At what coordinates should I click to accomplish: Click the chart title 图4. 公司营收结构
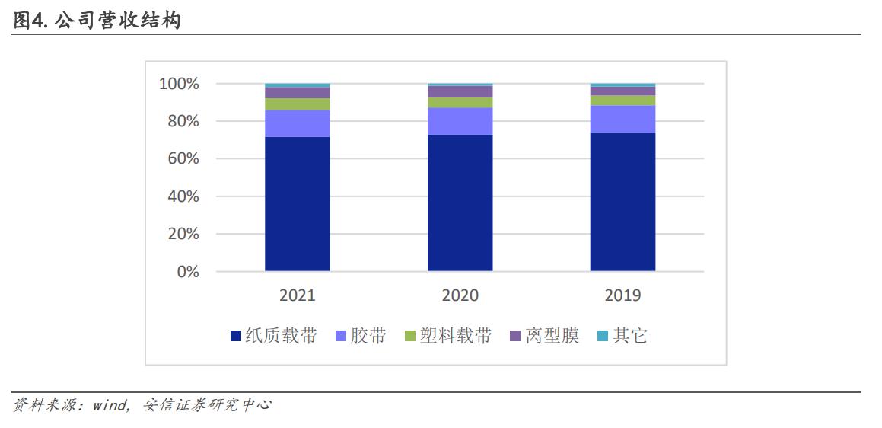point(97,21)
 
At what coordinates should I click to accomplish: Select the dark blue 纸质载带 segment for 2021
point(297,203)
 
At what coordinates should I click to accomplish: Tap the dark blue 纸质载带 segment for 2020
point(460,203)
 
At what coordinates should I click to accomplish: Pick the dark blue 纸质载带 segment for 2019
point(622,202)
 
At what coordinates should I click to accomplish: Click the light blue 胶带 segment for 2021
point(297,123)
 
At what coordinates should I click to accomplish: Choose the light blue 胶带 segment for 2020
point(460,121)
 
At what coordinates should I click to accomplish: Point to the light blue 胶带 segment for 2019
point(622,119)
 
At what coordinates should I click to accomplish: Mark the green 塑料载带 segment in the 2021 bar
point(297,104)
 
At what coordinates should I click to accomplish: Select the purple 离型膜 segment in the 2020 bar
point(460,91)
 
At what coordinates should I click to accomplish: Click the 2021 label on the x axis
point(297,295)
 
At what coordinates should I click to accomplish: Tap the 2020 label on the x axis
point(460,295)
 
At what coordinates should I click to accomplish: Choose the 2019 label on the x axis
point(622,295)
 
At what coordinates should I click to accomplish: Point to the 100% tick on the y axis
point(179,84)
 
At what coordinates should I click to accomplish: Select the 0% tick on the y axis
point(187,272)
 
